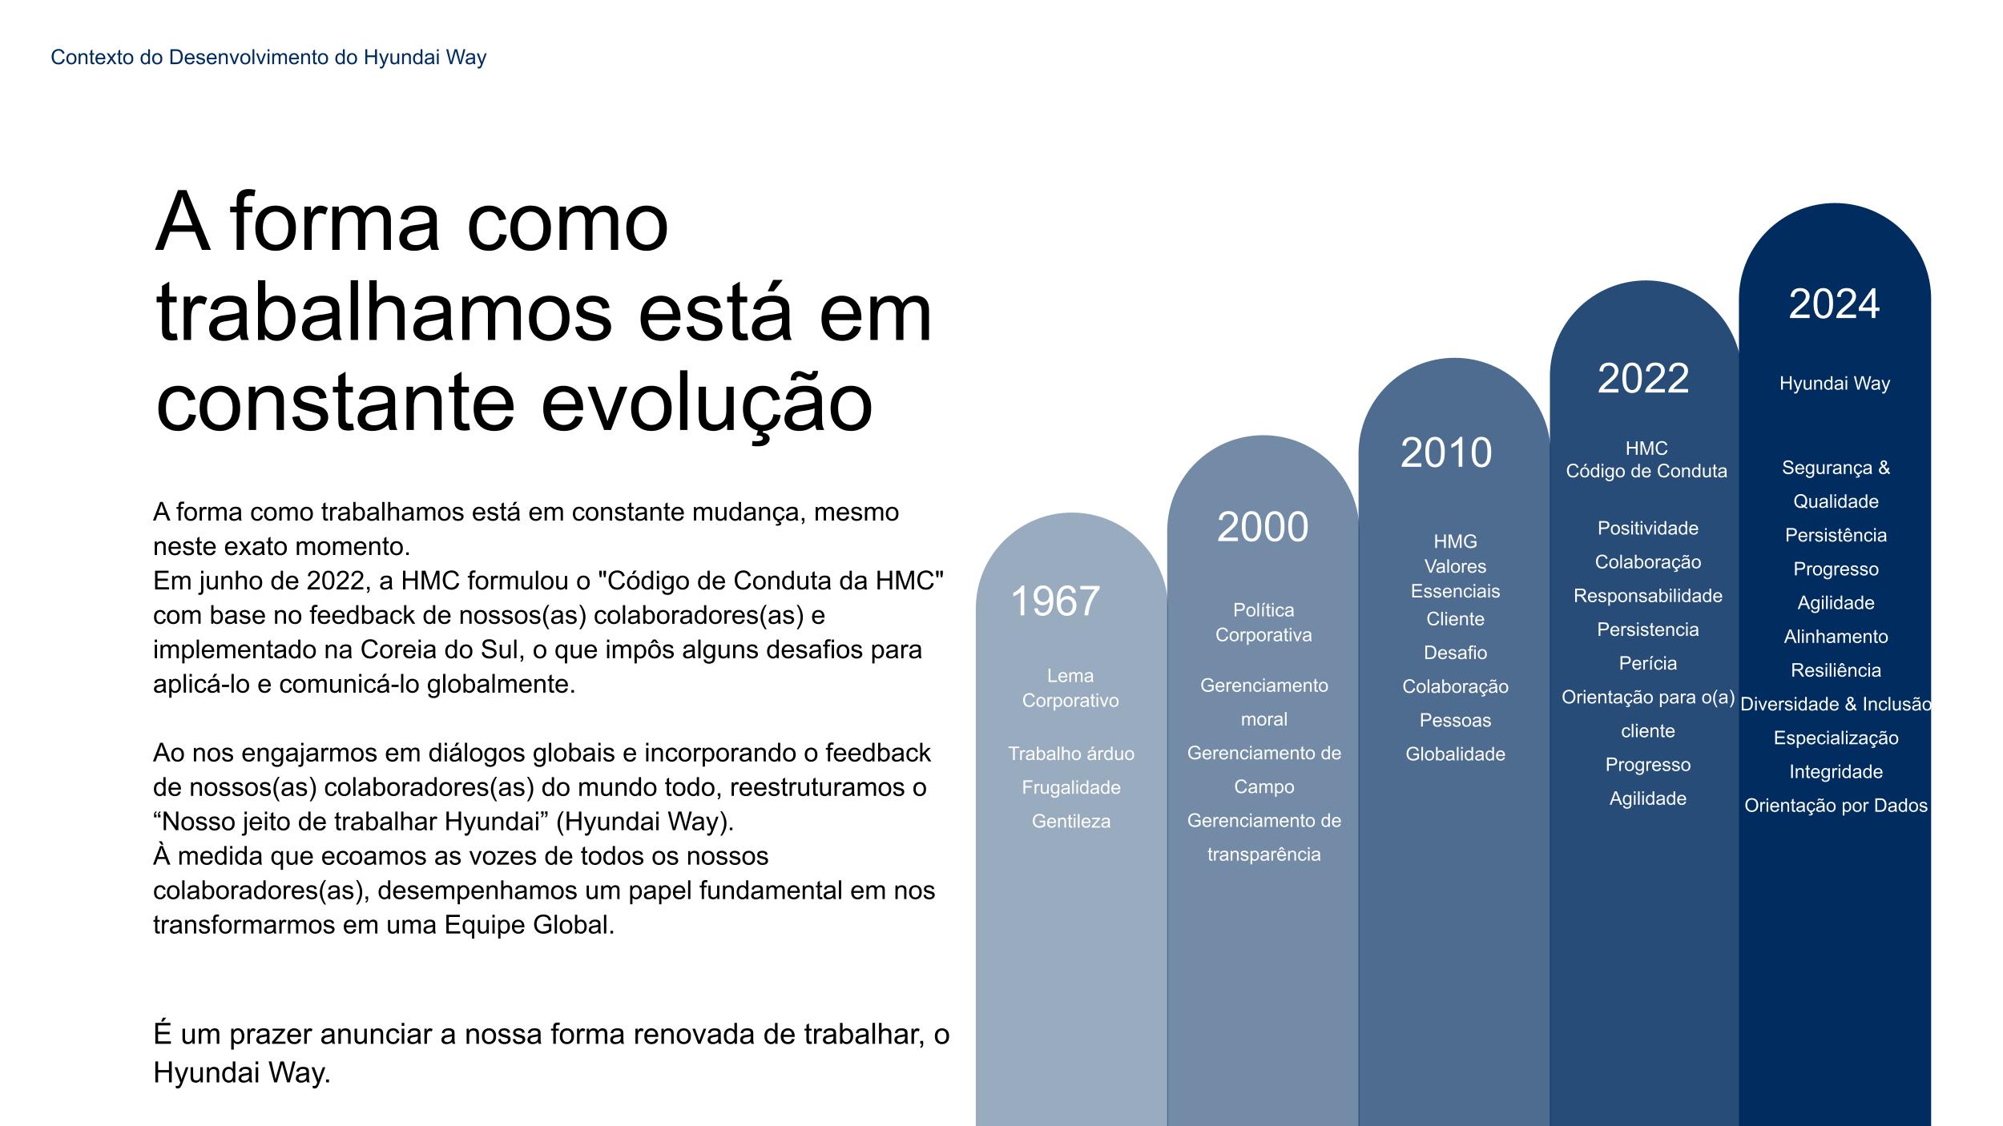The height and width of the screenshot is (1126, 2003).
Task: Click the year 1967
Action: coord(1054,601)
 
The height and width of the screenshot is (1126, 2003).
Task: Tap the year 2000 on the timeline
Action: coord(1263,527)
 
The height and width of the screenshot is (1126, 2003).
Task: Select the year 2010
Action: coord(1446,452)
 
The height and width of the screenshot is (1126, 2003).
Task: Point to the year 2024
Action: coord(1834,304)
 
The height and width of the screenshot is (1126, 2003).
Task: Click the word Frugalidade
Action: coord(1071,787)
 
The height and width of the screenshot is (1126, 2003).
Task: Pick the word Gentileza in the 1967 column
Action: coord(1071,821)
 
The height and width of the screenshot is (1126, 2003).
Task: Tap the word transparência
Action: coord(1264,855)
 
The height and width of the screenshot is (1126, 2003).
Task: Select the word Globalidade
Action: coord(1456,754)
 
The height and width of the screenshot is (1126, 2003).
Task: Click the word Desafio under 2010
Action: coord(1456,653)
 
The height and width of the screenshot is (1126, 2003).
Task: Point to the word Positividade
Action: coord(1648,528)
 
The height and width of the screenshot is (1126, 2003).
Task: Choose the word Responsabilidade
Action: coord(1648,596)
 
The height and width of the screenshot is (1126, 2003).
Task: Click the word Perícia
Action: coord(1648,663)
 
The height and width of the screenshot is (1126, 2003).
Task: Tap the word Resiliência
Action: coord(1836,670)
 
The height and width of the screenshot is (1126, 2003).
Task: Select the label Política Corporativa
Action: coord(1263,622)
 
